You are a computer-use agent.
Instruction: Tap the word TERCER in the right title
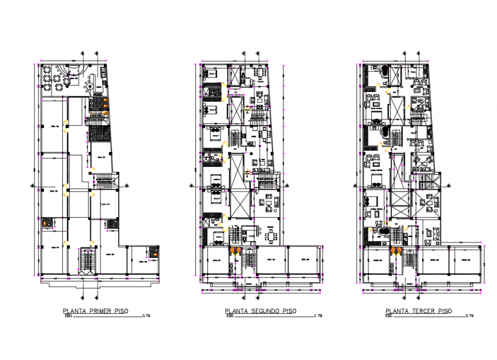click(421, 311)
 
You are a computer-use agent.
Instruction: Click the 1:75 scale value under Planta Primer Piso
click(131, 315)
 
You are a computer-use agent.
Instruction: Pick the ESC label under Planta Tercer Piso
click(389, 315)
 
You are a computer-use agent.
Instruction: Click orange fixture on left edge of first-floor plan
click(44, 223)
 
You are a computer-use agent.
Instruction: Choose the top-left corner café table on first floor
click(46, 70)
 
